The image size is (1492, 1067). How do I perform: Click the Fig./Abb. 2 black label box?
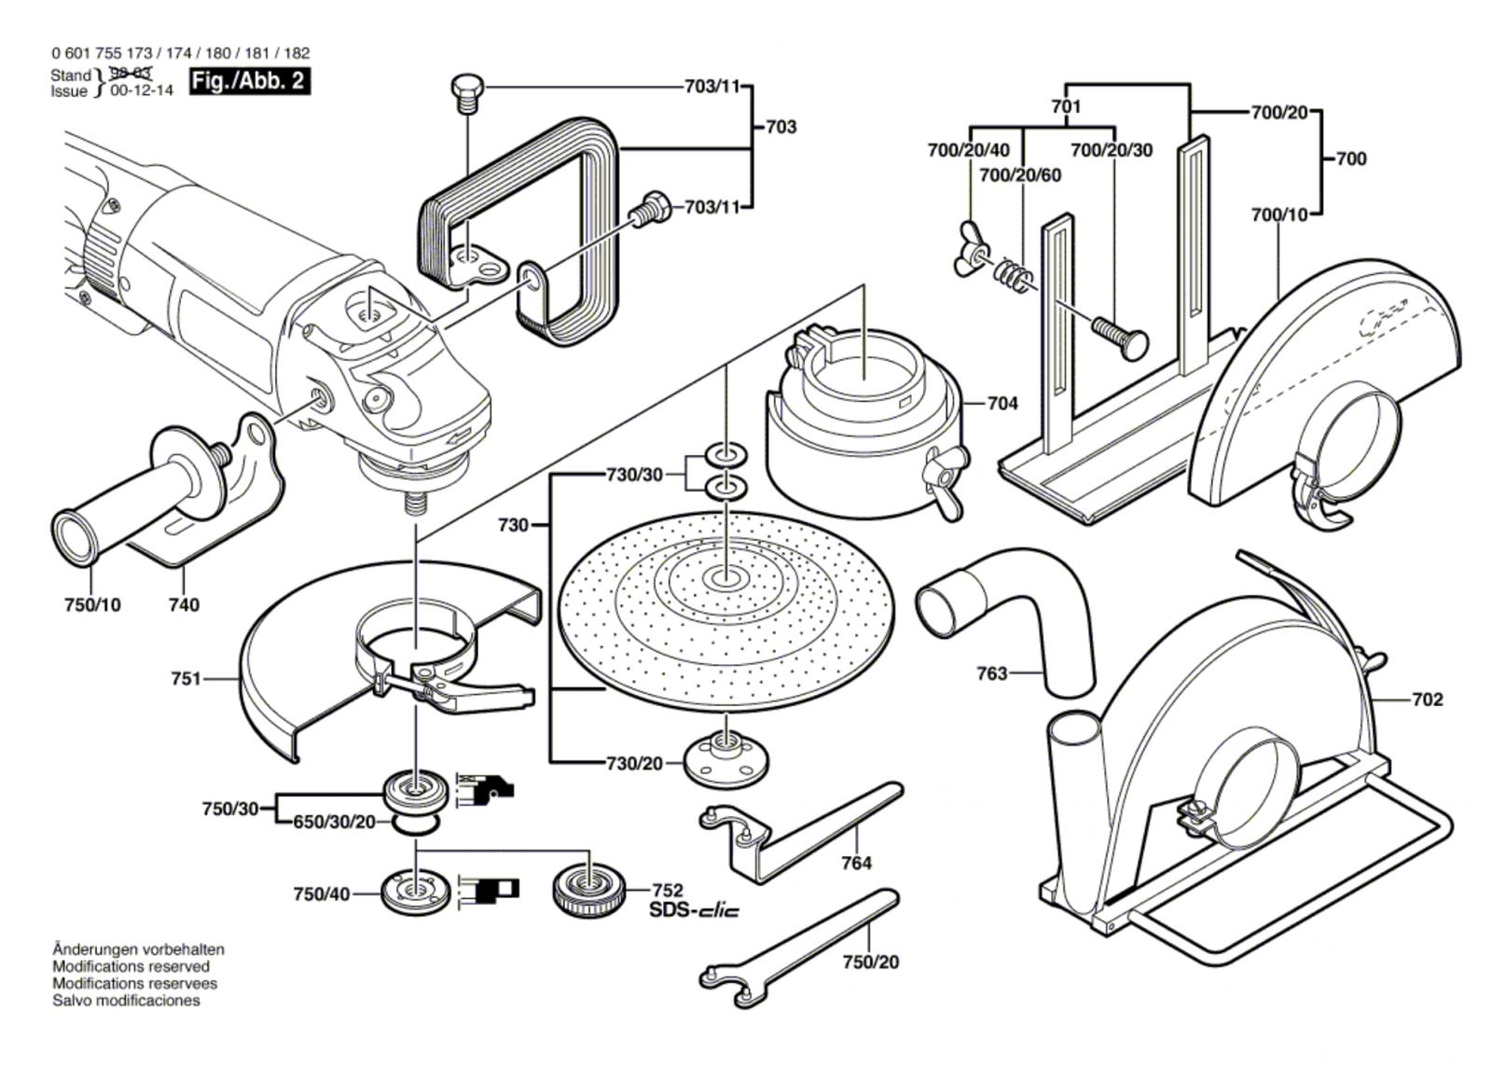[248, 81]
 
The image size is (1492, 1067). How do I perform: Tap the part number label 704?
[1002, 404]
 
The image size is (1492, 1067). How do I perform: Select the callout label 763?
[992, 672]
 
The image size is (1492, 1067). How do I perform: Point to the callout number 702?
[1427, 700]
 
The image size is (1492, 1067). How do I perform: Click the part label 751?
[186, 679]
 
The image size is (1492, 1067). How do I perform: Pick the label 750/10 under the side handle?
[92, 604]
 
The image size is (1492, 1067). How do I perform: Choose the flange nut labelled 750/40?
[411, 893]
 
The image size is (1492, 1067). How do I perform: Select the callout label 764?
[856, 863]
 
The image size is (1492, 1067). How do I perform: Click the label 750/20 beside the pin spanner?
[871, 962]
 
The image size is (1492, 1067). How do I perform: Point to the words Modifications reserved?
[131, 966]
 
